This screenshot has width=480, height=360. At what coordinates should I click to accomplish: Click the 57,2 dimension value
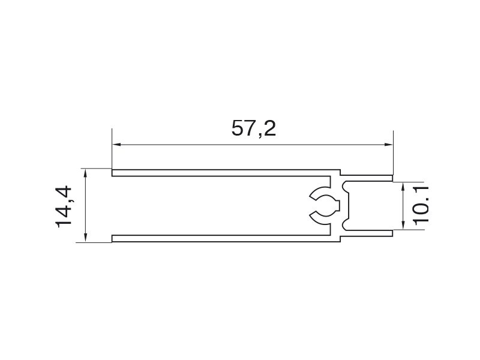[253, 128]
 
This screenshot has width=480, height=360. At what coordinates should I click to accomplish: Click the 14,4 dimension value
[64, 206]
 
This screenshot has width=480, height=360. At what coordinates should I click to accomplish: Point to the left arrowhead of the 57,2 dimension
[116, 145]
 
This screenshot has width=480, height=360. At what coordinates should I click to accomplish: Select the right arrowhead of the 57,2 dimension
[389, 145]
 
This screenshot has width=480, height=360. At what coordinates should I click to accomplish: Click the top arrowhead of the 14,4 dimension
[85, 173]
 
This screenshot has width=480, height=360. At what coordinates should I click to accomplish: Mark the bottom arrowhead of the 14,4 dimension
[85, 238]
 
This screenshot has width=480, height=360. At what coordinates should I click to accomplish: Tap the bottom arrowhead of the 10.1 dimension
[403, 224]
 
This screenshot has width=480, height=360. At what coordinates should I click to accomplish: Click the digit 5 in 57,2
[238, 128]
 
